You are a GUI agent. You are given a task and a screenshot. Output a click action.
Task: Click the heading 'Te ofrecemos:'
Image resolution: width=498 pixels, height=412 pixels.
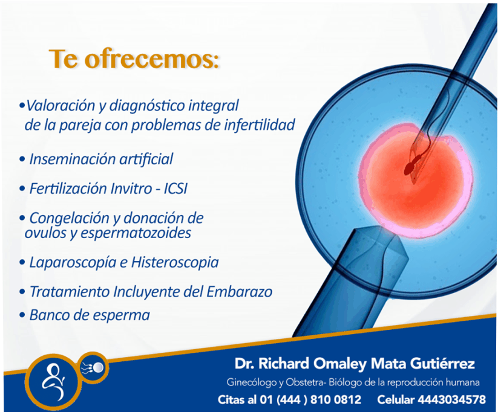pos(134,59)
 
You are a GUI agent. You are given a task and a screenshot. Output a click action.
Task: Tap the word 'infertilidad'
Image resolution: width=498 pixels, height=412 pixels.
pos(260,124)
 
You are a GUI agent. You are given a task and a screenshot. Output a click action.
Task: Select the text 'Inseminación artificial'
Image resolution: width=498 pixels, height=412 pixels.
pos(101,159)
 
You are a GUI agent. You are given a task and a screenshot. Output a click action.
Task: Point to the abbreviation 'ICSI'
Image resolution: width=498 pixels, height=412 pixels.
pos(175,188)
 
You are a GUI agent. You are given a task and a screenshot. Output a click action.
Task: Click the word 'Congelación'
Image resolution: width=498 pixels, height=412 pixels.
pos(69,219)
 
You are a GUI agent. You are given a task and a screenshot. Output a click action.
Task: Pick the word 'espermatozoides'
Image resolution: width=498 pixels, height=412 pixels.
pos(136,233)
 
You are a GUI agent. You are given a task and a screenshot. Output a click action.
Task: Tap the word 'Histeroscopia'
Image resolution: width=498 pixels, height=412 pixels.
pos(175,263)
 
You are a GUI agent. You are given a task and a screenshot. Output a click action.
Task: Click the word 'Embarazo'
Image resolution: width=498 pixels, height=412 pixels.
pos(240,291)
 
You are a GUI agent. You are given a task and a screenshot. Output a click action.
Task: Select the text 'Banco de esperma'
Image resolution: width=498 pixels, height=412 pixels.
pos(90,315)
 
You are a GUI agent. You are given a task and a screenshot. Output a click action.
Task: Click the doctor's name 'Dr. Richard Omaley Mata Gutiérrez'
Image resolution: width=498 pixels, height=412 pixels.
pos(355,364)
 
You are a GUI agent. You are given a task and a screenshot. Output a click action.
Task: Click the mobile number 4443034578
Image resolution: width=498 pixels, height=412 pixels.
pos(451,400)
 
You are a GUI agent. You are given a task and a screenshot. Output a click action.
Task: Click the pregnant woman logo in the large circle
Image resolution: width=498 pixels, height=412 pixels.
pos(53,381)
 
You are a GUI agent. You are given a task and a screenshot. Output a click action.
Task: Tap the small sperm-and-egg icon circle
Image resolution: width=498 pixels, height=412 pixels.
pos(94,368)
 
